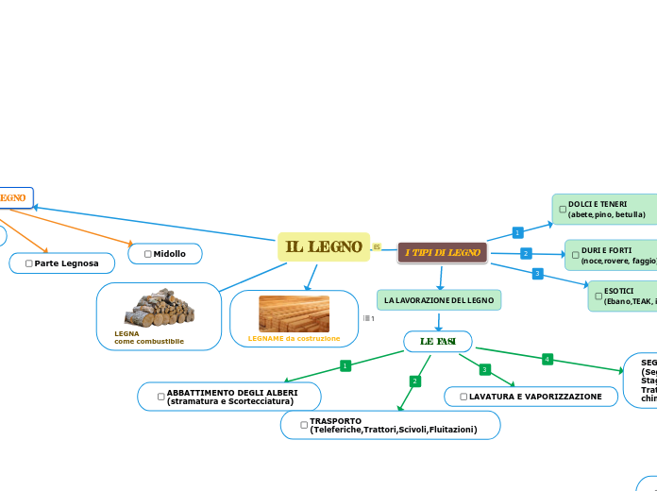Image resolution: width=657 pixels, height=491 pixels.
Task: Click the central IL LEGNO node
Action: click(324, 247)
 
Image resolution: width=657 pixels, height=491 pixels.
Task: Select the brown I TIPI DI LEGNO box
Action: click(443, 252)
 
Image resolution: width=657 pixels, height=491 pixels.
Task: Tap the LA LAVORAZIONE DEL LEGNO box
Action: click(439, 300)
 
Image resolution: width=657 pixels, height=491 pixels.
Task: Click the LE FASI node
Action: click(437, 341)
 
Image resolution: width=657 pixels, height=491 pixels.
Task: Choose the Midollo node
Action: click(165, 254)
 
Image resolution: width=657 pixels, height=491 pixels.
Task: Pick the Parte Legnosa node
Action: click(61, 263)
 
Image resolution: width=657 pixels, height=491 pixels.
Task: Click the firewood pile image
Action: click(160, 309)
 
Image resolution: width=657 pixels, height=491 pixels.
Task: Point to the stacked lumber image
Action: click(294, 313)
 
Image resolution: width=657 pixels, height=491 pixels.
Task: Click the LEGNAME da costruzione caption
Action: click(294, 338)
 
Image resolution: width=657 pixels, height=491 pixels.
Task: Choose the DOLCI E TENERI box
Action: click(605, 210)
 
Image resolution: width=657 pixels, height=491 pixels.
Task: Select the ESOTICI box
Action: click(623, 296)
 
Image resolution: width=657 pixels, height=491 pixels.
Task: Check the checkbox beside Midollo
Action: click(148, 254)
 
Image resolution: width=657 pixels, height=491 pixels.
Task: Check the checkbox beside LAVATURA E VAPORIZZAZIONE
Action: click(463, 398)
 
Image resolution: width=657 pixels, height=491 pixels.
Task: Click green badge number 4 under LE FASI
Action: click(547, 359)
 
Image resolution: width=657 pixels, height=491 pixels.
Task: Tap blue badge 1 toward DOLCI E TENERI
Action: click(516, 232)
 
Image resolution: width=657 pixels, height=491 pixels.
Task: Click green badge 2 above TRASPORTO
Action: click(413, 381)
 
